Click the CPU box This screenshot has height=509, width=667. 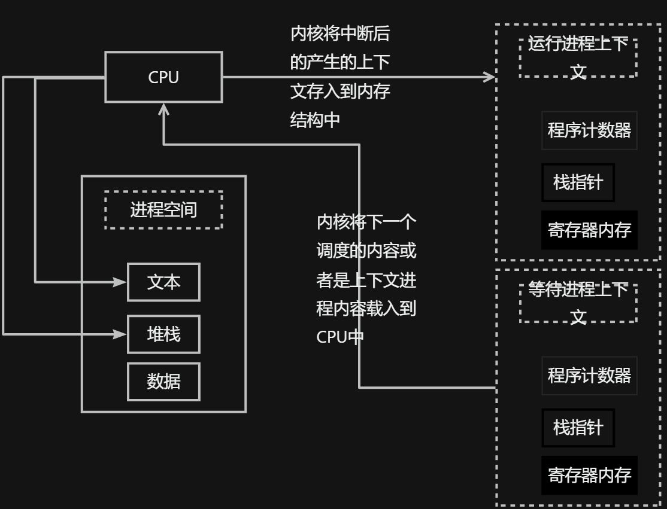163,77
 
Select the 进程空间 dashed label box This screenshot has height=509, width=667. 163,210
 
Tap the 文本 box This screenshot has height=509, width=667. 163,282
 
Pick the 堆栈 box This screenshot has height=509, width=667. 163,334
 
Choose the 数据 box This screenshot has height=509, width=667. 163,382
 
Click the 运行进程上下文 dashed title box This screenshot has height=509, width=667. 578,58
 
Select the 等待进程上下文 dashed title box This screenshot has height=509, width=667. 578,303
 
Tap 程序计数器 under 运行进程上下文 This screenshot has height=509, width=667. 589,130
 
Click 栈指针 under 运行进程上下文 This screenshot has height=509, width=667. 578,182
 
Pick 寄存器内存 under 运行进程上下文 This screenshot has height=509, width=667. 589,230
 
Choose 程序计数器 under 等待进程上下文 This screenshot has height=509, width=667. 589,376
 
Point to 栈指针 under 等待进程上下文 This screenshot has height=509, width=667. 578,428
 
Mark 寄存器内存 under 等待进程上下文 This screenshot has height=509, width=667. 589,476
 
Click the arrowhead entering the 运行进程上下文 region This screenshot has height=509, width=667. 490,77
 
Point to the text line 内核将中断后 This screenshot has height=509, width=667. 340,34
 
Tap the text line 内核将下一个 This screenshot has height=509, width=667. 366,223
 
